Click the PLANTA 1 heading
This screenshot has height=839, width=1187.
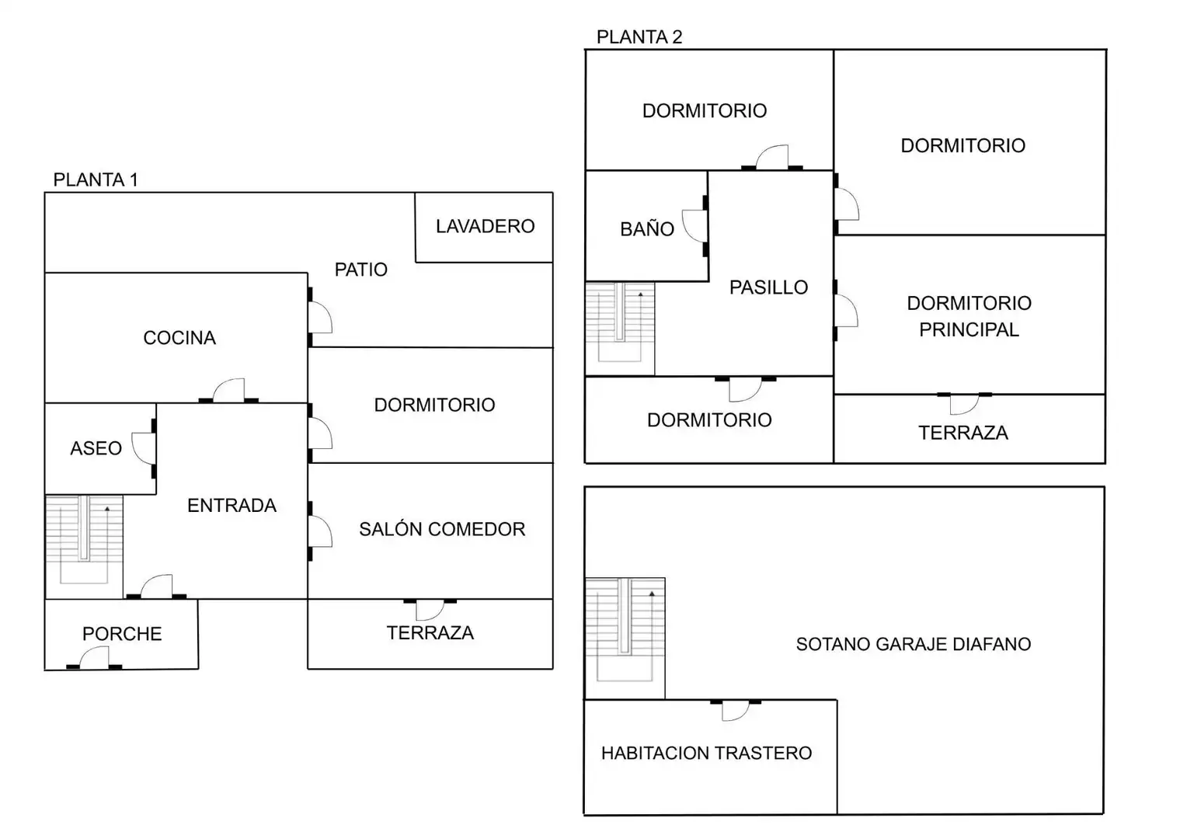96,180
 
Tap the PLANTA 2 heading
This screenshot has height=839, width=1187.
639,37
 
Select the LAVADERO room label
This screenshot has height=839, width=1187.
485,226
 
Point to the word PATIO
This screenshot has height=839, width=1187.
361,270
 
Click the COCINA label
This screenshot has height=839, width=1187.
179,338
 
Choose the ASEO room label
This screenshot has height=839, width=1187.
96,448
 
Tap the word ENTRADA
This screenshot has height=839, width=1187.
231,506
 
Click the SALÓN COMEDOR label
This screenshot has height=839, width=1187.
442,529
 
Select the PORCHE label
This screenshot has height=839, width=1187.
122,634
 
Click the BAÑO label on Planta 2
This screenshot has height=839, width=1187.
647,229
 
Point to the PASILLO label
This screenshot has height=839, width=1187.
768,287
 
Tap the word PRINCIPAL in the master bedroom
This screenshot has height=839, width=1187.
969,329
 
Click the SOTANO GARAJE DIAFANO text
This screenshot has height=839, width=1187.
913,644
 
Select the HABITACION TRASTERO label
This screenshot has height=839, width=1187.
706,753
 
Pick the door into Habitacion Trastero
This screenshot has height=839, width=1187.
736,710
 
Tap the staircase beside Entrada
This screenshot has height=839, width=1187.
84,547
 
